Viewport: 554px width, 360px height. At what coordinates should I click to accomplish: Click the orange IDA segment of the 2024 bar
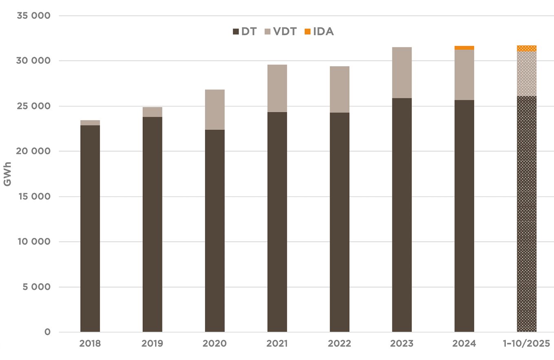click(x=464, y=48)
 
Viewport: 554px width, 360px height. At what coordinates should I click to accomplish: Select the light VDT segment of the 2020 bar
click(x=215, y=109)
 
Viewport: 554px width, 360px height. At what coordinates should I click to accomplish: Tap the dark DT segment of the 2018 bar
click(x=90, y=229)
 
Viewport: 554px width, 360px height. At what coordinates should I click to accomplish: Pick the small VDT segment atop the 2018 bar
click(x=90, y=123)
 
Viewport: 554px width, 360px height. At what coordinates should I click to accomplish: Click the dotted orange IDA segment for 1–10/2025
click(x=526, y=49)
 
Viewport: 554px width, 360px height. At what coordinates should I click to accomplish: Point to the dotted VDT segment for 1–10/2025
click(x=526, y=74)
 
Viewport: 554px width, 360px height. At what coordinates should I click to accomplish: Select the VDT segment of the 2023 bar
click(x=402, y=73)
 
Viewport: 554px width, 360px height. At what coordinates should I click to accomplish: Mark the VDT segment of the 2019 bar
click(x=152, y=112)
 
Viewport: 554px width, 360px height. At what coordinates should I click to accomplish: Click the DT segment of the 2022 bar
click(x=339, y=222)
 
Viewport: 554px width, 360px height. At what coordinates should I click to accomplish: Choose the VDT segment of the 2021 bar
click(x=277, y=88)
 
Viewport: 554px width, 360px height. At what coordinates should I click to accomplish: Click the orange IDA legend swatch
click(x=308, y=31)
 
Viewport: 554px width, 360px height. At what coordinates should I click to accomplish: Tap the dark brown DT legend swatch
click(x=236, y=31)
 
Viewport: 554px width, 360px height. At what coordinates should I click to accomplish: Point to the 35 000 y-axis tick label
click(x=33, y=16)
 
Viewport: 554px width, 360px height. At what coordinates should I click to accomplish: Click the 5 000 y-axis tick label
click(x=36, y=287)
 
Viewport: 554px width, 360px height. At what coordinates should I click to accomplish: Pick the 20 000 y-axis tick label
click(x=33, y=151)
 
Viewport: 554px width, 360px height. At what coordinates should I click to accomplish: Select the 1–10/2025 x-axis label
click(x=526, y=344)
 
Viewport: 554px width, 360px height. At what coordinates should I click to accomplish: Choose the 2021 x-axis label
click(x=277, y=344)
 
